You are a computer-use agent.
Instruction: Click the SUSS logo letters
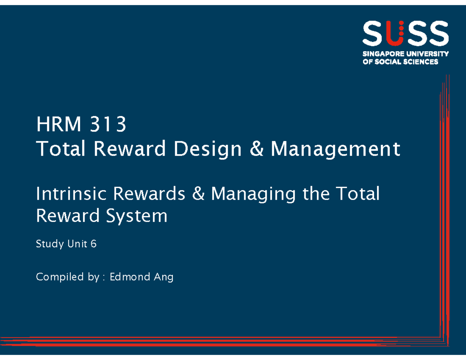[x=405, y=34]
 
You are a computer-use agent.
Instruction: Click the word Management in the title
[x=335, y=149]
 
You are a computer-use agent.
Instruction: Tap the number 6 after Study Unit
[x=94, y=244]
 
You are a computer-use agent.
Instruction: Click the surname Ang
[x=163, y=278]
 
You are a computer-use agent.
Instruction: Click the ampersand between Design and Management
[x=257, y=149]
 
